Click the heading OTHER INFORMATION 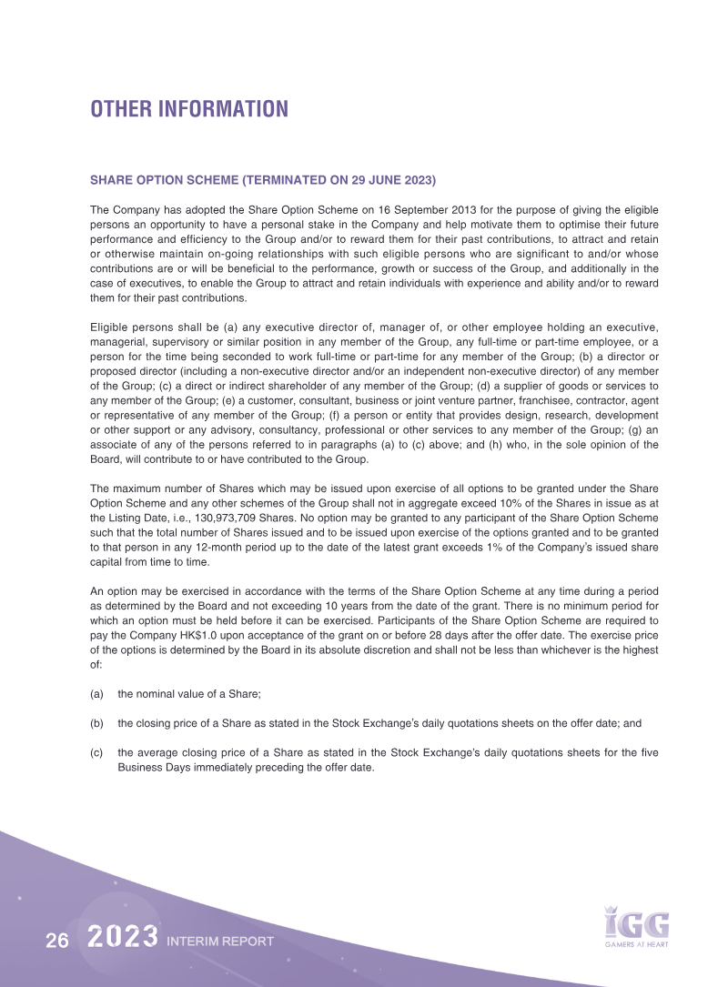188,109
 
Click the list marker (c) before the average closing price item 96,752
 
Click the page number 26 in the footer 57,942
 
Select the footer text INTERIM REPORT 220,942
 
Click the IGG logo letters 637,923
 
